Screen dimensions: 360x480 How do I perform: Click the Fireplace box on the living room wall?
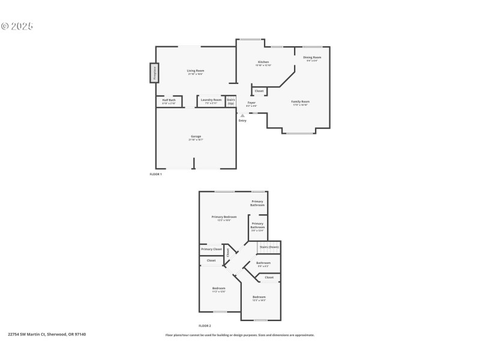[x=154, y=73]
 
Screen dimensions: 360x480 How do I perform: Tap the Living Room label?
[x=196, y=71]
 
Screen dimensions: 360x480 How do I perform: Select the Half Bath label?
[x=169, y=100]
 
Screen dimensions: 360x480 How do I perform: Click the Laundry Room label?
[x=211, y=100]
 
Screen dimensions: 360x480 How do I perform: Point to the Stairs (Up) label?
[x=231, y=101]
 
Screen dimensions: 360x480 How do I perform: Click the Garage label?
[x=196, y=136]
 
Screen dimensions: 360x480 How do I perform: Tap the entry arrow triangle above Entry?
[x=242, y=115]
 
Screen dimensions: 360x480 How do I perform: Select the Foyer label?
[x=251, y=103]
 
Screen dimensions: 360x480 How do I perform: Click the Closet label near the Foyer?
[x=259, y=91]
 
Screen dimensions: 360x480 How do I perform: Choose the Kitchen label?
[x=263, y=62]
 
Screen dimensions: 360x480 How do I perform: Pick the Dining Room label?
[x=312, y=58]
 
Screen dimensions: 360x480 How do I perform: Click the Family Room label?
[x=300, y=102]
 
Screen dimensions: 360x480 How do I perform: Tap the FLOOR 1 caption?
[x=156, y=174]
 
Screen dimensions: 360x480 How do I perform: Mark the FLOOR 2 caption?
[x=205, y=325]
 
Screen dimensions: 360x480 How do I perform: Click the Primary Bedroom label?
[x=224, y=217]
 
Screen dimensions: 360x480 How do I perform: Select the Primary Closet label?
[x=211, y=249]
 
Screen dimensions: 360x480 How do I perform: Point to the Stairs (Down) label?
[x=269, y=247]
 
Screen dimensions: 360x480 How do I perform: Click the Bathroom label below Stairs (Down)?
[x=263, y=263]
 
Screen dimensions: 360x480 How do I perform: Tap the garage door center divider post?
[x=194, y=163]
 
